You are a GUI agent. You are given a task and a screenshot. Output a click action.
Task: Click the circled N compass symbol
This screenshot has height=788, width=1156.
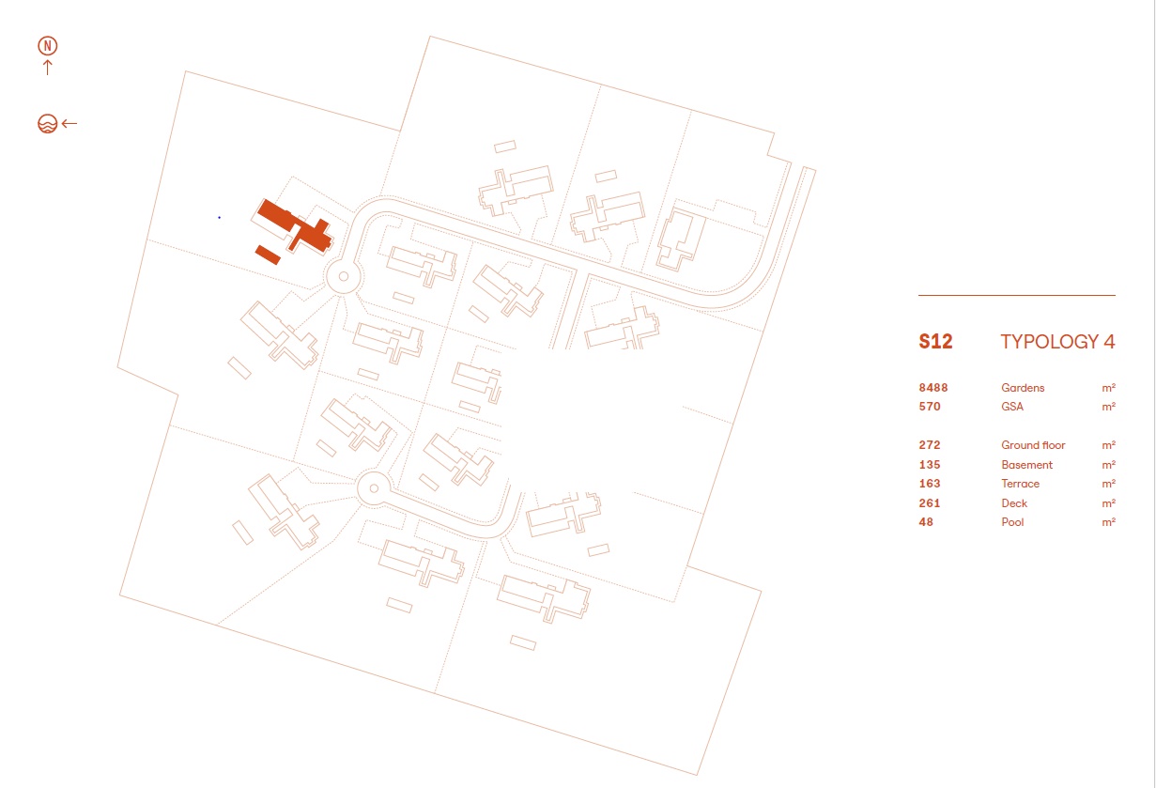click(x=48, y=45)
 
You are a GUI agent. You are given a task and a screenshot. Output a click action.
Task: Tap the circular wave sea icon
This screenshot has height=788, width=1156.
click(x=47, y=123)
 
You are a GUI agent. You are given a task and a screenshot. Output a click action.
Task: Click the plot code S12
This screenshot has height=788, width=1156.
click(x=935, y=342)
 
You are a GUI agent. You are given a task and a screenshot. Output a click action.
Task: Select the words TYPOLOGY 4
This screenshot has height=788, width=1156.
click(x=1057, y=342)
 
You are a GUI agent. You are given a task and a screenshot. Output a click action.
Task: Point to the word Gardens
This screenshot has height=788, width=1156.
click(x=1023, y=388)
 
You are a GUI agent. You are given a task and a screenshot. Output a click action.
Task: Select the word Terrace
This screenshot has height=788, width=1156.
click(x=1021, y=484)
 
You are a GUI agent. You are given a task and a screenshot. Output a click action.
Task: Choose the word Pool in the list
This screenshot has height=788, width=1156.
click(x=1012, y=522)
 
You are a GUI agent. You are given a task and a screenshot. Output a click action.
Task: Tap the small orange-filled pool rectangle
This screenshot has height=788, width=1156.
click(x=268, y=254)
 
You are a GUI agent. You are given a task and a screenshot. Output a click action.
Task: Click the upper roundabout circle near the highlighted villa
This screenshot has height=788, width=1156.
click(x=343, y=276)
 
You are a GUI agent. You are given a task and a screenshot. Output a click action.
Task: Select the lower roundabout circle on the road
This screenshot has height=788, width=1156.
click(x=373, y=487)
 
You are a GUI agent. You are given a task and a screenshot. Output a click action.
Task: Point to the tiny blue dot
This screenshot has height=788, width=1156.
click(x=219, y=217)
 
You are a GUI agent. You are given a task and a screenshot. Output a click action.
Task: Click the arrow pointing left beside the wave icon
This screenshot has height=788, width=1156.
click(x=69, y=123)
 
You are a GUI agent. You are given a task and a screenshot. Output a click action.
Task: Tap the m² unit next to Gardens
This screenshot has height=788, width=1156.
click(x=1109, y=388)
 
